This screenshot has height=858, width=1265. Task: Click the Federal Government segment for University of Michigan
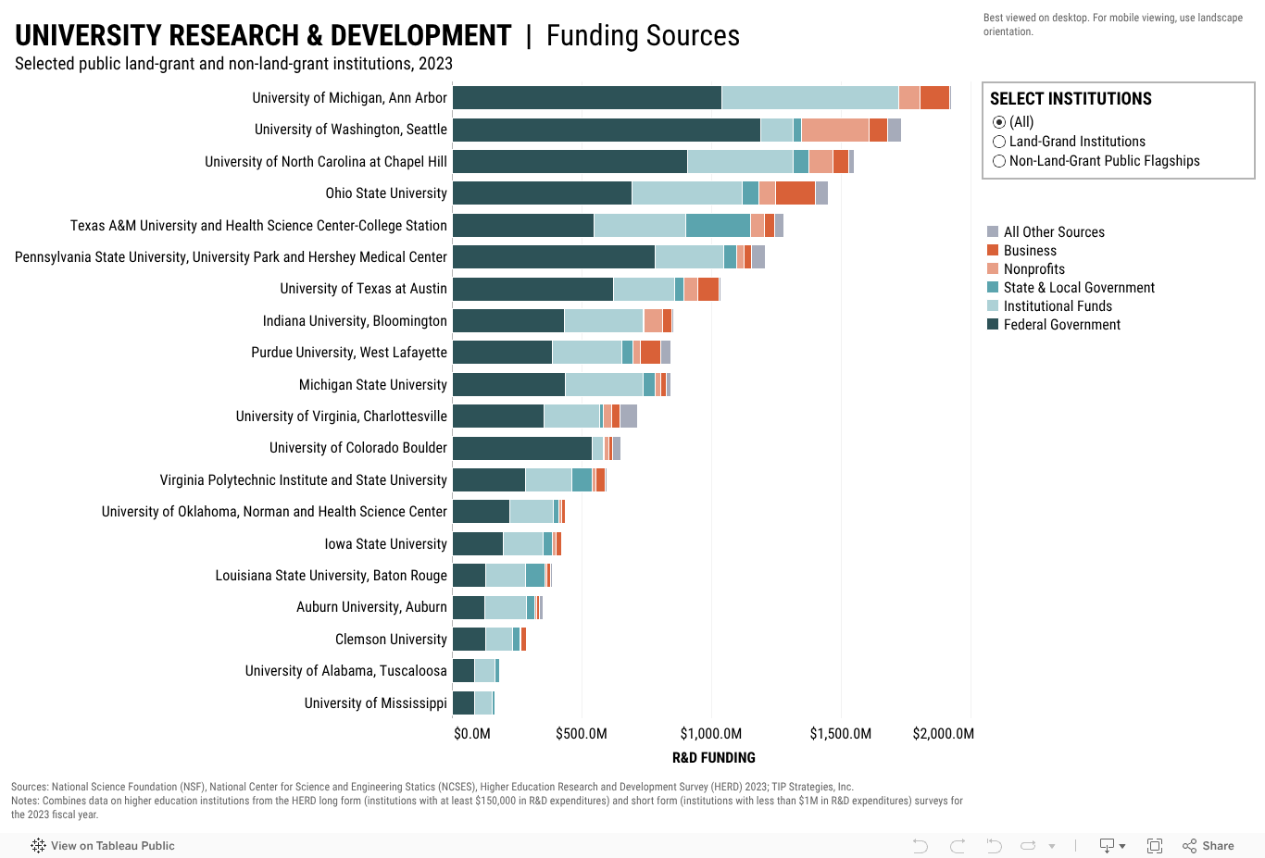(587, 97)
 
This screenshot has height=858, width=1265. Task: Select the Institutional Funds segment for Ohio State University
(686, 193)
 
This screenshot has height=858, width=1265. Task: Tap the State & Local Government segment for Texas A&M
(718, 225)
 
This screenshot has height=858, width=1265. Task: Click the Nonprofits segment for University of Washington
(834, 130)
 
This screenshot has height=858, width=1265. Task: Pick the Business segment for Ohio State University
(795, 193)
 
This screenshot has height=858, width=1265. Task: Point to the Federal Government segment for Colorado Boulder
(522, 448)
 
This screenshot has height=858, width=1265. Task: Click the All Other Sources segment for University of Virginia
(628, 416)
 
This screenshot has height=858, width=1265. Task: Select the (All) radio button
(999, 122)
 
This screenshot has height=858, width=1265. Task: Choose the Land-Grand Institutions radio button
(999, 142)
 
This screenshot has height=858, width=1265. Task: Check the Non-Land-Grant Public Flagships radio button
(999, 161)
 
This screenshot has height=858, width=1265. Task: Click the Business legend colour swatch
(993, 250)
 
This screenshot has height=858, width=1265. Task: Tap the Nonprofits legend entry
(1033, 269)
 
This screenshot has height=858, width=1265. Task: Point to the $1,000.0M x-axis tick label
(711, 734)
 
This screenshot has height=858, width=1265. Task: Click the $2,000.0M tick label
(943, 734)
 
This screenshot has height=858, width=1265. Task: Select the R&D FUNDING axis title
(713, 757)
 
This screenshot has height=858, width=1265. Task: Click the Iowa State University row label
(385, 544)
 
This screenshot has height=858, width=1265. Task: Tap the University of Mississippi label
(375, 703)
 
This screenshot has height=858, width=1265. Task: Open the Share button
(1209, 845)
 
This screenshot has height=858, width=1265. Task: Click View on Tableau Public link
(103, 845)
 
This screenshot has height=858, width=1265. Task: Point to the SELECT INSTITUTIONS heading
(1071, 99)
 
